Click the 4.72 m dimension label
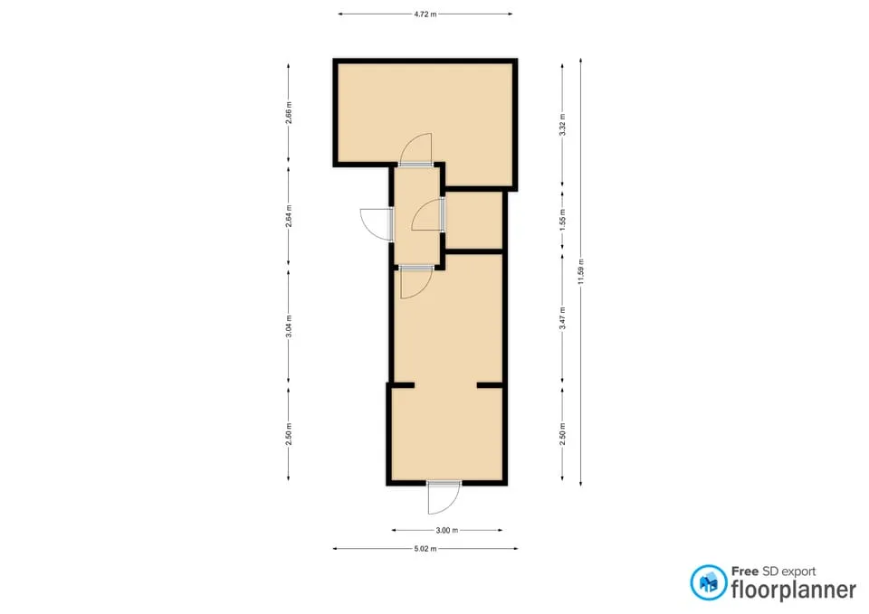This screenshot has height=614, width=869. tap(425, 14)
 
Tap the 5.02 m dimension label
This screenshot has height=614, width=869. tap(425, 549)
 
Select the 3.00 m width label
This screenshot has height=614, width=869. tap(446, 531)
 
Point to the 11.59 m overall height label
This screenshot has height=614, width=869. tap(581, 272)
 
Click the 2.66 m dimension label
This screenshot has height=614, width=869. tap(289, 113)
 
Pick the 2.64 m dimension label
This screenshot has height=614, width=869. tap(289, 216)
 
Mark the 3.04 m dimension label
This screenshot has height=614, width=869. tap(289, 326)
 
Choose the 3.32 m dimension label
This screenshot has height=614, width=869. tap(562, 125)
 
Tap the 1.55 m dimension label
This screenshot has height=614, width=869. tap(562, 220)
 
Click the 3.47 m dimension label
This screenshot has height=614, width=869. tap(562, 318)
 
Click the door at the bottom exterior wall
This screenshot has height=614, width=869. tap(444, 497)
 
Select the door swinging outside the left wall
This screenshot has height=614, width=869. tap(377, 224)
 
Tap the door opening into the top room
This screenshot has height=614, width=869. tap(415, 149)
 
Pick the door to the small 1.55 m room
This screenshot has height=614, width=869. tap(428, 214)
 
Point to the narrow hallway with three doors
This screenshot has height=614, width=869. tap(416, 216)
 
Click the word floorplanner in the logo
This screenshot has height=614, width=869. tap(793, 590)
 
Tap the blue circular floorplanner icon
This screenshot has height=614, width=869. tap(708, 582)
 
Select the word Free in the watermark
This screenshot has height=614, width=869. tap(745, 571)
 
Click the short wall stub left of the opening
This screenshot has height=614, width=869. tap(403, 385)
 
